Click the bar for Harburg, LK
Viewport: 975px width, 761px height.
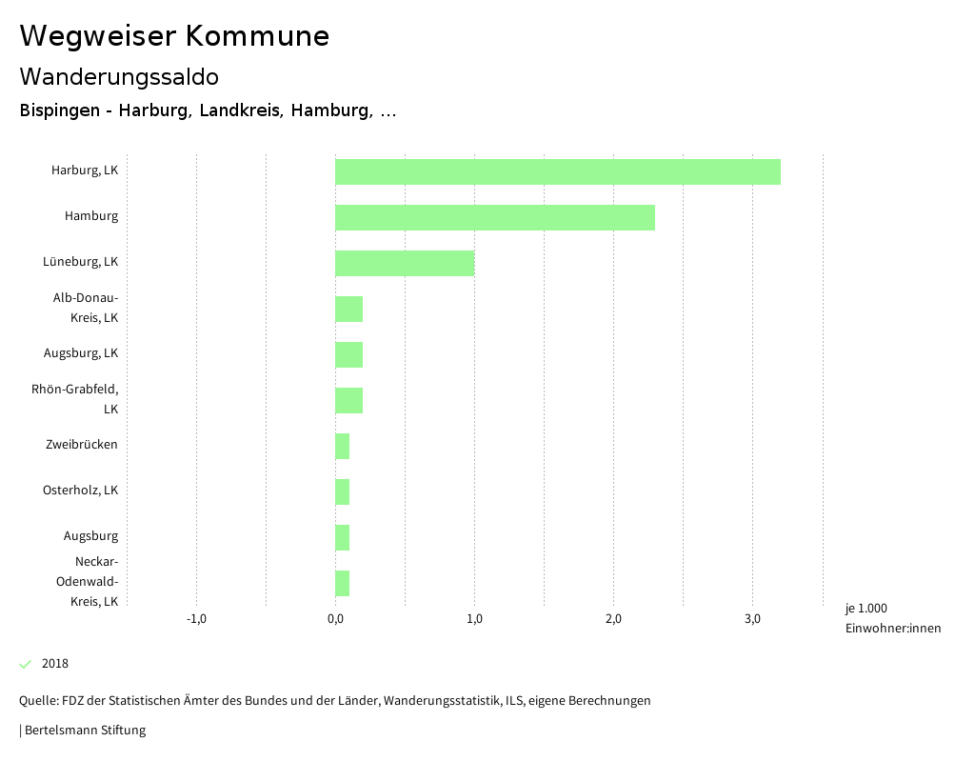tap(557, 172)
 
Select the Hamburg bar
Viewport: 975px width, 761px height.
tap(494, 218)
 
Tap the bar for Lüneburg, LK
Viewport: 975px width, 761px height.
tap(404, 264)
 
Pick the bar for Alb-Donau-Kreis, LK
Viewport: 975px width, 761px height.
tap(348, 310)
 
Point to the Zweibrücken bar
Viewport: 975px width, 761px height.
tap(342, 447)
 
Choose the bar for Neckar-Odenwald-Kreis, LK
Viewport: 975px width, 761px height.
tap(342, 584)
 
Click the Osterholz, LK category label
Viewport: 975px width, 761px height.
tap(80, 491)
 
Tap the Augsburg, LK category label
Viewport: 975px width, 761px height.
tap(81, 353)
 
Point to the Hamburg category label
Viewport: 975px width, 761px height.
tap(91, 216)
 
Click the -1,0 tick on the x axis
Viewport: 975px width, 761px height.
tap(196, 620)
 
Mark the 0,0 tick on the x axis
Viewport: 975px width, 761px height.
tap(335, 620)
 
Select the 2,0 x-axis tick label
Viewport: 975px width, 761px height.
tap(613, 620)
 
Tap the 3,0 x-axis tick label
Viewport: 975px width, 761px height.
tap(752, 620)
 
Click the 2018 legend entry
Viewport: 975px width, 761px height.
tap(54, 664)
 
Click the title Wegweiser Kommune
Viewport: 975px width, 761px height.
tap(174, 36)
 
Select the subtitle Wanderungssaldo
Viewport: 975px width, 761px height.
tap(119, 76)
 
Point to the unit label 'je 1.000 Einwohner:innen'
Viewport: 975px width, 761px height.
tap(892, 618)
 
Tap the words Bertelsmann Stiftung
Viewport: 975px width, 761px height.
tap(85, 731)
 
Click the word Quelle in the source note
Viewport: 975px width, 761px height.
tap(37, 701)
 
